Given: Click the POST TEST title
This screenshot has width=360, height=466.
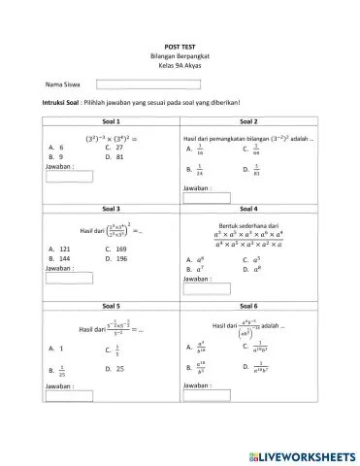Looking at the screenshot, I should point(181,47).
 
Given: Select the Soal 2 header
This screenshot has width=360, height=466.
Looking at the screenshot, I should point(246,121).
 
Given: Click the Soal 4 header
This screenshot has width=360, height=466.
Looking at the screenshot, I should point(246,208).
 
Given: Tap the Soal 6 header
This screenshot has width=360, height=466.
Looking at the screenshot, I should point(246,305).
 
